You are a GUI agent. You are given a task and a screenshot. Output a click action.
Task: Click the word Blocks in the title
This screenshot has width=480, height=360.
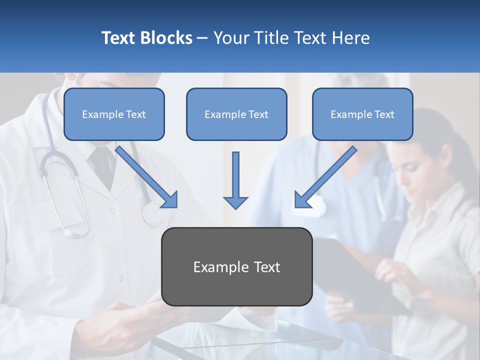[167, 38]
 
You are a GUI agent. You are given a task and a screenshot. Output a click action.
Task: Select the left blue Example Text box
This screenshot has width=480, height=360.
[114, 114]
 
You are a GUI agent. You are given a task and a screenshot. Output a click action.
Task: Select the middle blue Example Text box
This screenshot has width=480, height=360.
[236, 114]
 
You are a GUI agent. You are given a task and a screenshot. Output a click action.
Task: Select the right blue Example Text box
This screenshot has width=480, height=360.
[362, 114]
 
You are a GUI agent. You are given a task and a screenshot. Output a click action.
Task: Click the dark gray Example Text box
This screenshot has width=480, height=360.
[236, 267]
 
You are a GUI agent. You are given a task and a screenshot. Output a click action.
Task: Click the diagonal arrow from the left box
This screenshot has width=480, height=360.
[145, 175]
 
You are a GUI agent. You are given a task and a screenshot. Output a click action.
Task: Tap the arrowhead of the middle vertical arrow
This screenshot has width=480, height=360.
[235, 202]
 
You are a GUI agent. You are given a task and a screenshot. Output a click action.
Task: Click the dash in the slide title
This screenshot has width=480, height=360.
[202, 38]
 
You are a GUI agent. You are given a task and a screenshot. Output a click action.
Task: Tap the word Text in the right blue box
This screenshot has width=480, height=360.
[384, 114]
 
